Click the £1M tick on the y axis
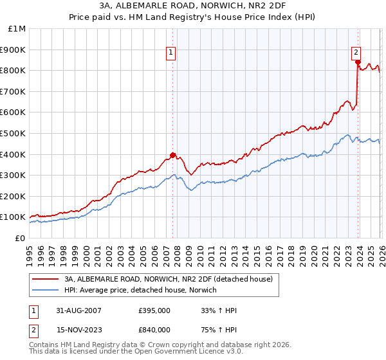[17, 29]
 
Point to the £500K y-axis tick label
[14, 134]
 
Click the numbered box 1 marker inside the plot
[172, 53]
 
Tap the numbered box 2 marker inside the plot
[356, 53]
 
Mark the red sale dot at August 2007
[172, 155]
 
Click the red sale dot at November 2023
[357, 62]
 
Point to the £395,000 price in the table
[154, 310]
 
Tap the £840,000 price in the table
[154, 330]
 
